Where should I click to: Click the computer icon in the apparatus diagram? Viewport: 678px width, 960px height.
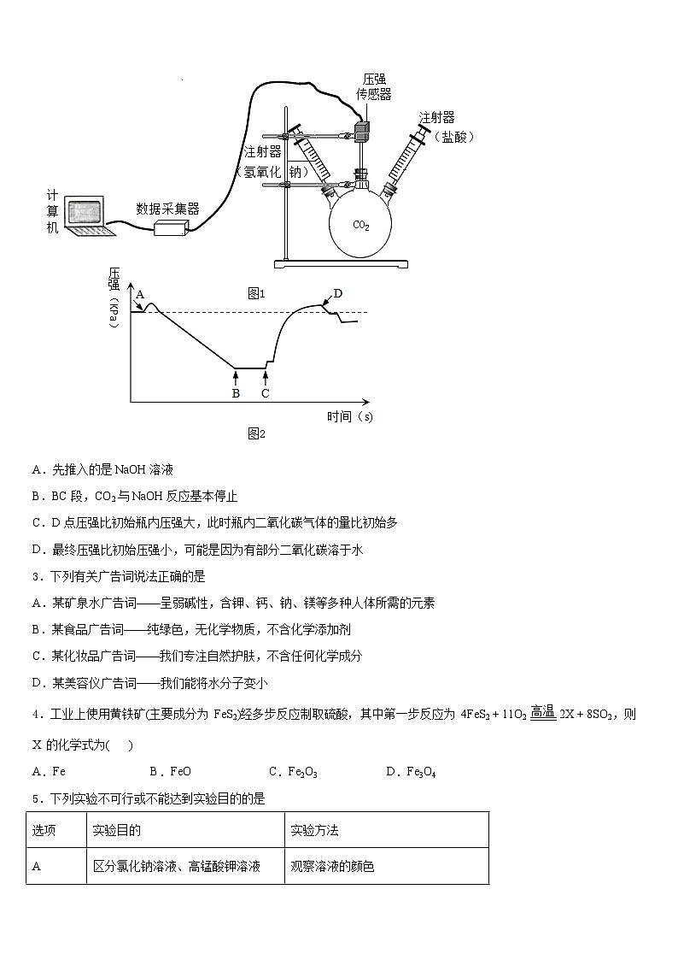pos(85,215)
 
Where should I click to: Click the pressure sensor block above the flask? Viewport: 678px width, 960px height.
pos(362,131)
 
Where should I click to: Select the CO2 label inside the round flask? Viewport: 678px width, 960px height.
pos(361,225)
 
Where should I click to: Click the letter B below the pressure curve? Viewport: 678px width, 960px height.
pos(236,393)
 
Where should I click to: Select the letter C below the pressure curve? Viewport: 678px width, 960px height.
pos(266,393)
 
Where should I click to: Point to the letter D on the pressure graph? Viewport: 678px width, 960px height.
pos(338,293)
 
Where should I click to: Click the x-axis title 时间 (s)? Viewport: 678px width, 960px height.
pos(349,417)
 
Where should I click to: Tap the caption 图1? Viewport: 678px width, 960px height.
pos(257,293)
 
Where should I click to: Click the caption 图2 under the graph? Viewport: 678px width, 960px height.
pos(257,433)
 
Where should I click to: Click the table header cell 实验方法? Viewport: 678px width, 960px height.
pos(315,830)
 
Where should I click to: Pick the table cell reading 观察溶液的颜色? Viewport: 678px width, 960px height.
pos(332,866)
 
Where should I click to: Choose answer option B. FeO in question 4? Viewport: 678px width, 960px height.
pos(170,772)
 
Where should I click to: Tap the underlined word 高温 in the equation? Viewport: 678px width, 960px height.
pos(543,712)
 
